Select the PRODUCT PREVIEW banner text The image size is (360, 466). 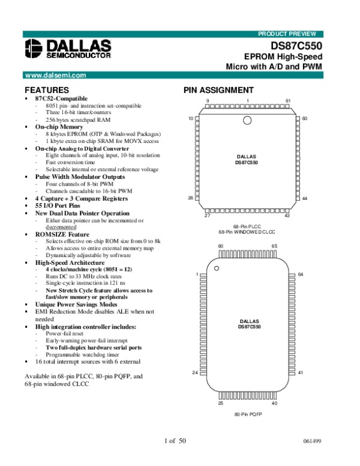290,34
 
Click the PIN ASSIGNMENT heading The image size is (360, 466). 218,91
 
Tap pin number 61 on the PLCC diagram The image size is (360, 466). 288,100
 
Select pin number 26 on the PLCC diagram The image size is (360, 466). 190,198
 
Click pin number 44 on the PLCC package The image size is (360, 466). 305,199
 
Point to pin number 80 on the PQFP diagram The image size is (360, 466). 220,247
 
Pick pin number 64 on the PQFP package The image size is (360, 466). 301,274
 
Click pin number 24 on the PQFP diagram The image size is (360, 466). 194,373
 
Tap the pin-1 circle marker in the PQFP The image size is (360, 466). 217,268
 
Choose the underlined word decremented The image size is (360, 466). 61,228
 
